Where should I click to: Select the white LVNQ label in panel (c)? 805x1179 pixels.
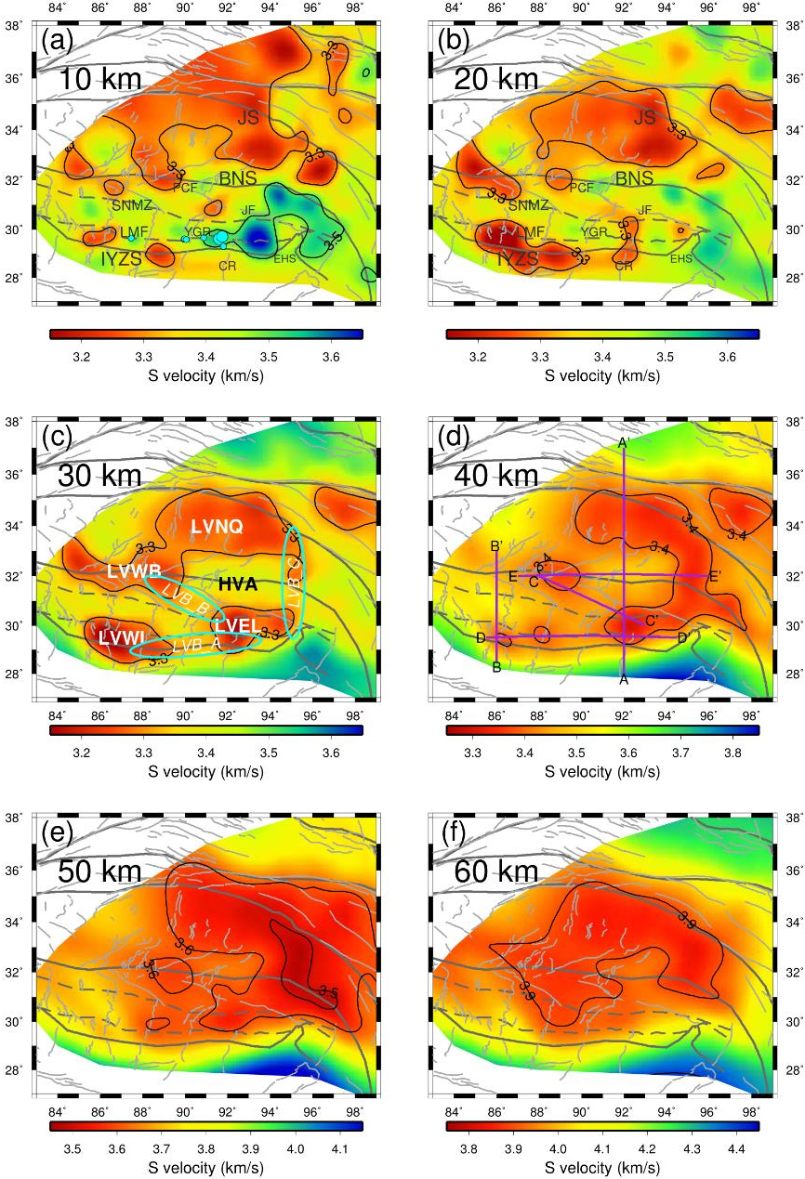tap(217, 527)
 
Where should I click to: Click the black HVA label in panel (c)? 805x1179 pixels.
tap(238, 584)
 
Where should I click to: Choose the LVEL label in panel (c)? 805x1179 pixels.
tap(237, 625)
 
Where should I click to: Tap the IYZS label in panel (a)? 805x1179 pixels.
tap(121, 259)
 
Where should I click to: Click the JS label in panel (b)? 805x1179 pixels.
tap(644, 118)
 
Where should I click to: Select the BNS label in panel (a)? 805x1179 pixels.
tap(237, 177)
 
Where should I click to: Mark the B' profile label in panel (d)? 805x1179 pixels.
tap(497, 546)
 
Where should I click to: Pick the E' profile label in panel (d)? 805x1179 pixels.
tap(715, 577)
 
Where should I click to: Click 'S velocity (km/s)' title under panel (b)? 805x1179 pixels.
tap(602, 375)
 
